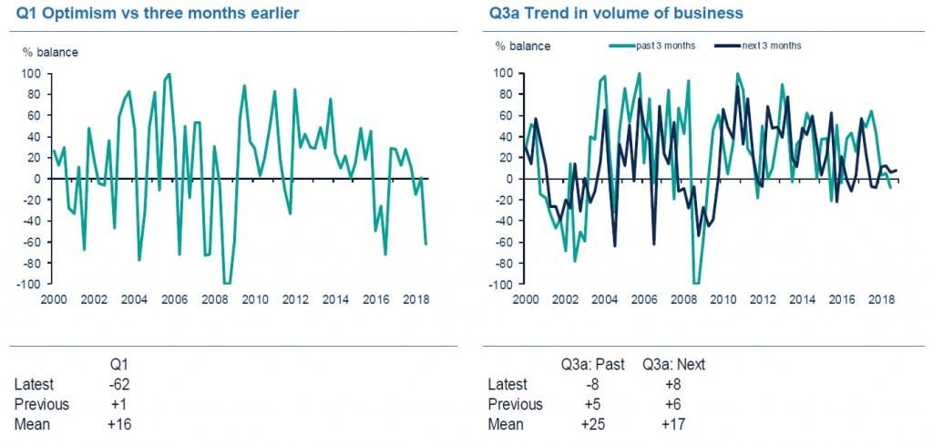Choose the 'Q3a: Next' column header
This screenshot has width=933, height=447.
674,365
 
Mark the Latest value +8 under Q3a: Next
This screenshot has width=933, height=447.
674,384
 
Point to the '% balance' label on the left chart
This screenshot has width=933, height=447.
50,52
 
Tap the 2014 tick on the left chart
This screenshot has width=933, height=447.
335,298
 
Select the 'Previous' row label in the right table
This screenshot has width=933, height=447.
515,404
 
